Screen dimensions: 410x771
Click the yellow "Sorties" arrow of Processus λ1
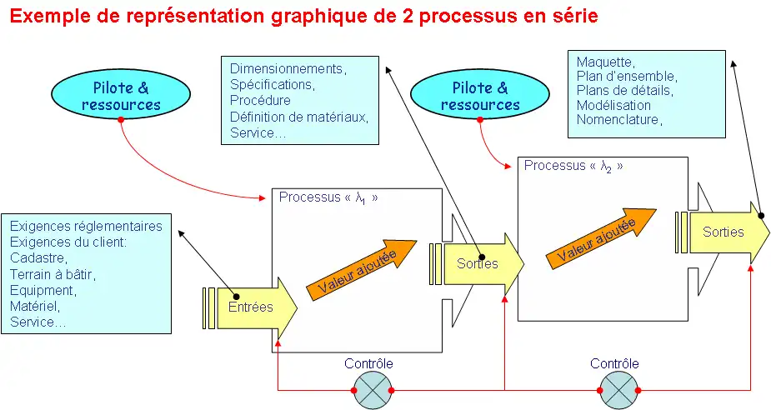480,263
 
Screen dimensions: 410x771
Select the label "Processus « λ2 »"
573,166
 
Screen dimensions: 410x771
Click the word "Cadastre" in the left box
38,258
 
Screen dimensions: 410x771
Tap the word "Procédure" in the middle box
260,101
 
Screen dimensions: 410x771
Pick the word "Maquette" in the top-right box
605,62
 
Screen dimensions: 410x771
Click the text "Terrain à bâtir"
53,274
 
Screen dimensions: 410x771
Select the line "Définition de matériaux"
298,117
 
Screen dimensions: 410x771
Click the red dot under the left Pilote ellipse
121,120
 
